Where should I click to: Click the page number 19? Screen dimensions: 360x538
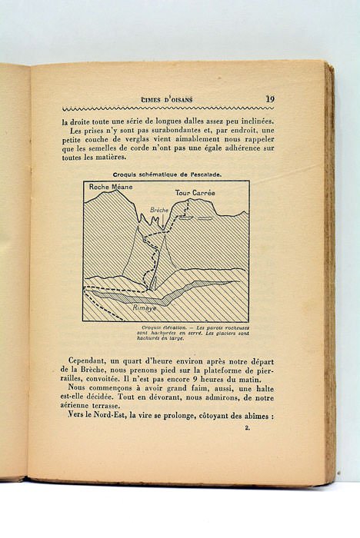click(271, 98)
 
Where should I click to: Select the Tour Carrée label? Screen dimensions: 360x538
click(193, 192)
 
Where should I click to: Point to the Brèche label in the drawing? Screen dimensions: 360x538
click(159, 208)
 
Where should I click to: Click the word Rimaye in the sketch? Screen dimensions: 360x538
click(145, 307)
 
